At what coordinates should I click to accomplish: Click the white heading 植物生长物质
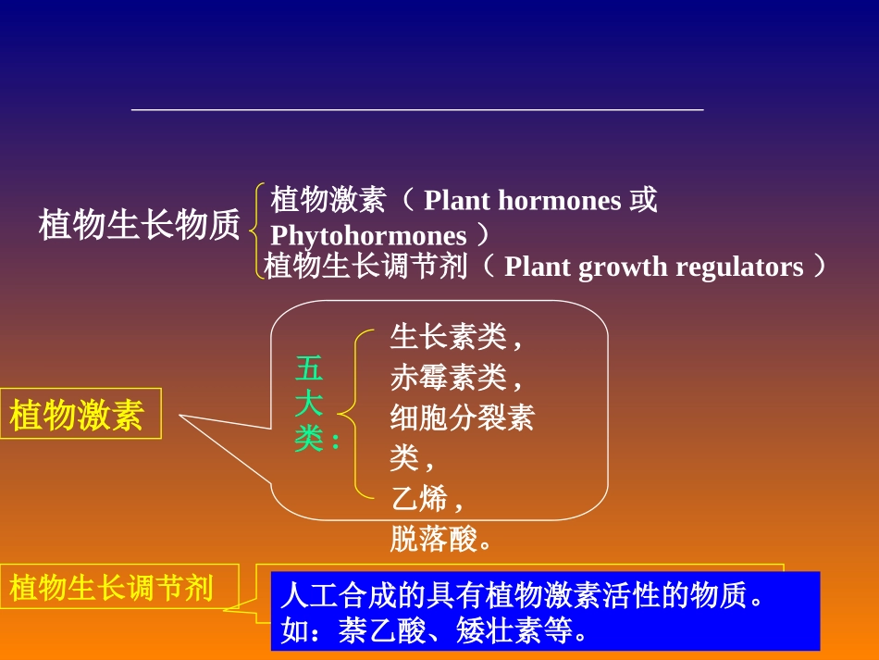point(139,225)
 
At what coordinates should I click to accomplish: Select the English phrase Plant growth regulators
point(654,268)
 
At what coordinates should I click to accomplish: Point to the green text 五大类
point(309,405)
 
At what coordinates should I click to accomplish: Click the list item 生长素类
point(449,337)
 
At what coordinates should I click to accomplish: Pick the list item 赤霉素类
point(449,378)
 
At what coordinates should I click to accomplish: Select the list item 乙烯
point(419,499)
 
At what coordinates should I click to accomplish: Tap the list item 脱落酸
point(433,539)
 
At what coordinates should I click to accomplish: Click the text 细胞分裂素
point(462,418)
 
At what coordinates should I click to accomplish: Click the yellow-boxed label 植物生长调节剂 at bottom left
point(111,587)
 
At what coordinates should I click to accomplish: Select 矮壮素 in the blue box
point(500,631)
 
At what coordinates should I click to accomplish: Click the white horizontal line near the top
point(417,110)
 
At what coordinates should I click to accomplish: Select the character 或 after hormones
point(644,200)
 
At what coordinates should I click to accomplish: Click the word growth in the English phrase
point(615,268)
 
